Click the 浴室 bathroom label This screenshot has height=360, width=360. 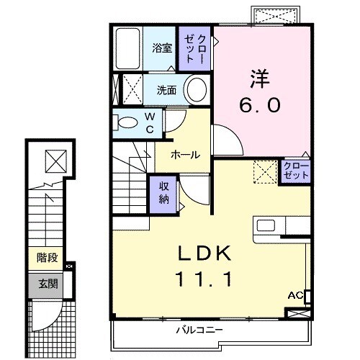pyautogui.click(x=162, y=48)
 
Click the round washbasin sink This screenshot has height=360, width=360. pyautogui.click(x=194, y=90)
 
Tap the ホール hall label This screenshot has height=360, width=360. pyautogui.click(x=185, y=154)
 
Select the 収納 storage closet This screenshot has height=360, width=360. pyautogui.click(x=163, y=192)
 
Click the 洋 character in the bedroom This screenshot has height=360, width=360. pyautogui.click(x=260, y=75)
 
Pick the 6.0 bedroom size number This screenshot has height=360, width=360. pyautogui.click(x=260, y=104)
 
